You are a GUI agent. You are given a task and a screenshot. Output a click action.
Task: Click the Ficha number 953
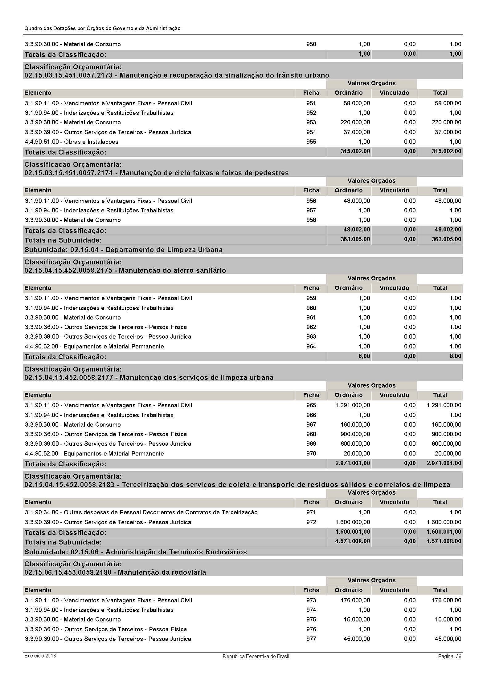311,123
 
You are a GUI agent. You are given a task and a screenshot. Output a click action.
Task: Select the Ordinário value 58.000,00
357,103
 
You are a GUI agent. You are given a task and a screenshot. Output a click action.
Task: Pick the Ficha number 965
311,405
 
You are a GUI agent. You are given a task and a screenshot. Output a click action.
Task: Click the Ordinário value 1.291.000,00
353,405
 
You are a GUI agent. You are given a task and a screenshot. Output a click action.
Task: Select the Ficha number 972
311,522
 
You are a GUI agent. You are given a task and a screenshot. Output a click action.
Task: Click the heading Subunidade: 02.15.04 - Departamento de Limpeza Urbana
123,250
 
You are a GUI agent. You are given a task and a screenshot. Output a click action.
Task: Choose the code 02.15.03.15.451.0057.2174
68,173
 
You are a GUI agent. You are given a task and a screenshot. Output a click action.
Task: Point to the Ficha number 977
311,639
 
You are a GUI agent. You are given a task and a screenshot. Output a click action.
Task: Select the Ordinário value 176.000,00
355,600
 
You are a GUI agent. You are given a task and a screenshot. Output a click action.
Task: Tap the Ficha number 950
311,44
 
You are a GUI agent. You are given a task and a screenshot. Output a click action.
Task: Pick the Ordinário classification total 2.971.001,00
353,463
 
